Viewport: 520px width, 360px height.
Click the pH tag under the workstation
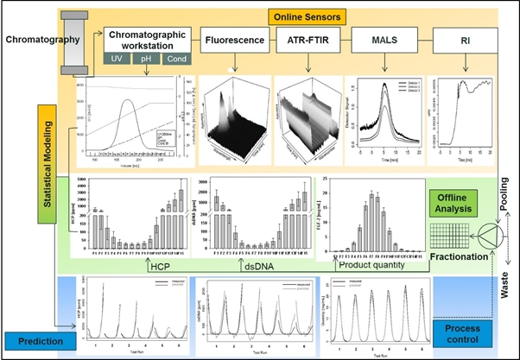145,60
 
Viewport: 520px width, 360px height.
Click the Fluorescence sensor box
233,39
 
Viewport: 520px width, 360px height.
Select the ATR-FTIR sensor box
307,39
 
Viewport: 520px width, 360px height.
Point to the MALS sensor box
382,39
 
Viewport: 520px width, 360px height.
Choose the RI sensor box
463,39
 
